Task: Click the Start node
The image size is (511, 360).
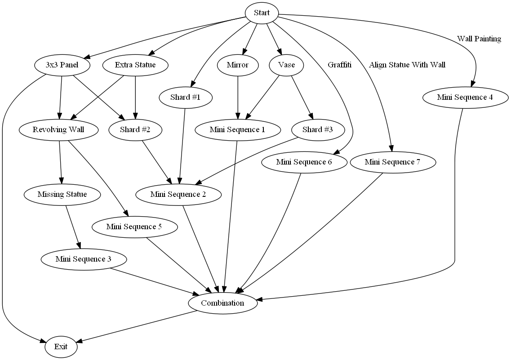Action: point(262,13)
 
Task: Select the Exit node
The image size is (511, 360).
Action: point(61,347)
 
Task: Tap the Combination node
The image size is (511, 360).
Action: point(222,303)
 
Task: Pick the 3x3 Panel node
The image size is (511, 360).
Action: point(62,65)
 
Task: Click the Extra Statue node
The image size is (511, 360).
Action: point(135,65)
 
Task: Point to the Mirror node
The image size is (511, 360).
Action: point(238,65)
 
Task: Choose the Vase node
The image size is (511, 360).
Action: point(286,65)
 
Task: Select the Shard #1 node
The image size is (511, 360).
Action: point(185,98)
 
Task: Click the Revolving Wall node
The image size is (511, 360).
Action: point(59,130)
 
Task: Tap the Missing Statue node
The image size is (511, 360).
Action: point(62,195)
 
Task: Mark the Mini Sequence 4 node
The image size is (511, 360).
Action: point(466,98)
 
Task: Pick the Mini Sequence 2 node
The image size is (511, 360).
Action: point(178,195)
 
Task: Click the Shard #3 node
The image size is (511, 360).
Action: point(318,130)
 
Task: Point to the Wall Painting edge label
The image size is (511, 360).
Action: point(479,39)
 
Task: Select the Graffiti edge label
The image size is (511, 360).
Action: point(339,65)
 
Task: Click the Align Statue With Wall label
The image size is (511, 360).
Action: point(407,65)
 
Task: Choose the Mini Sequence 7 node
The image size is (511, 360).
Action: point(392,162)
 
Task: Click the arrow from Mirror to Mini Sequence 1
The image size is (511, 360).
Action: point(238,97)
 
